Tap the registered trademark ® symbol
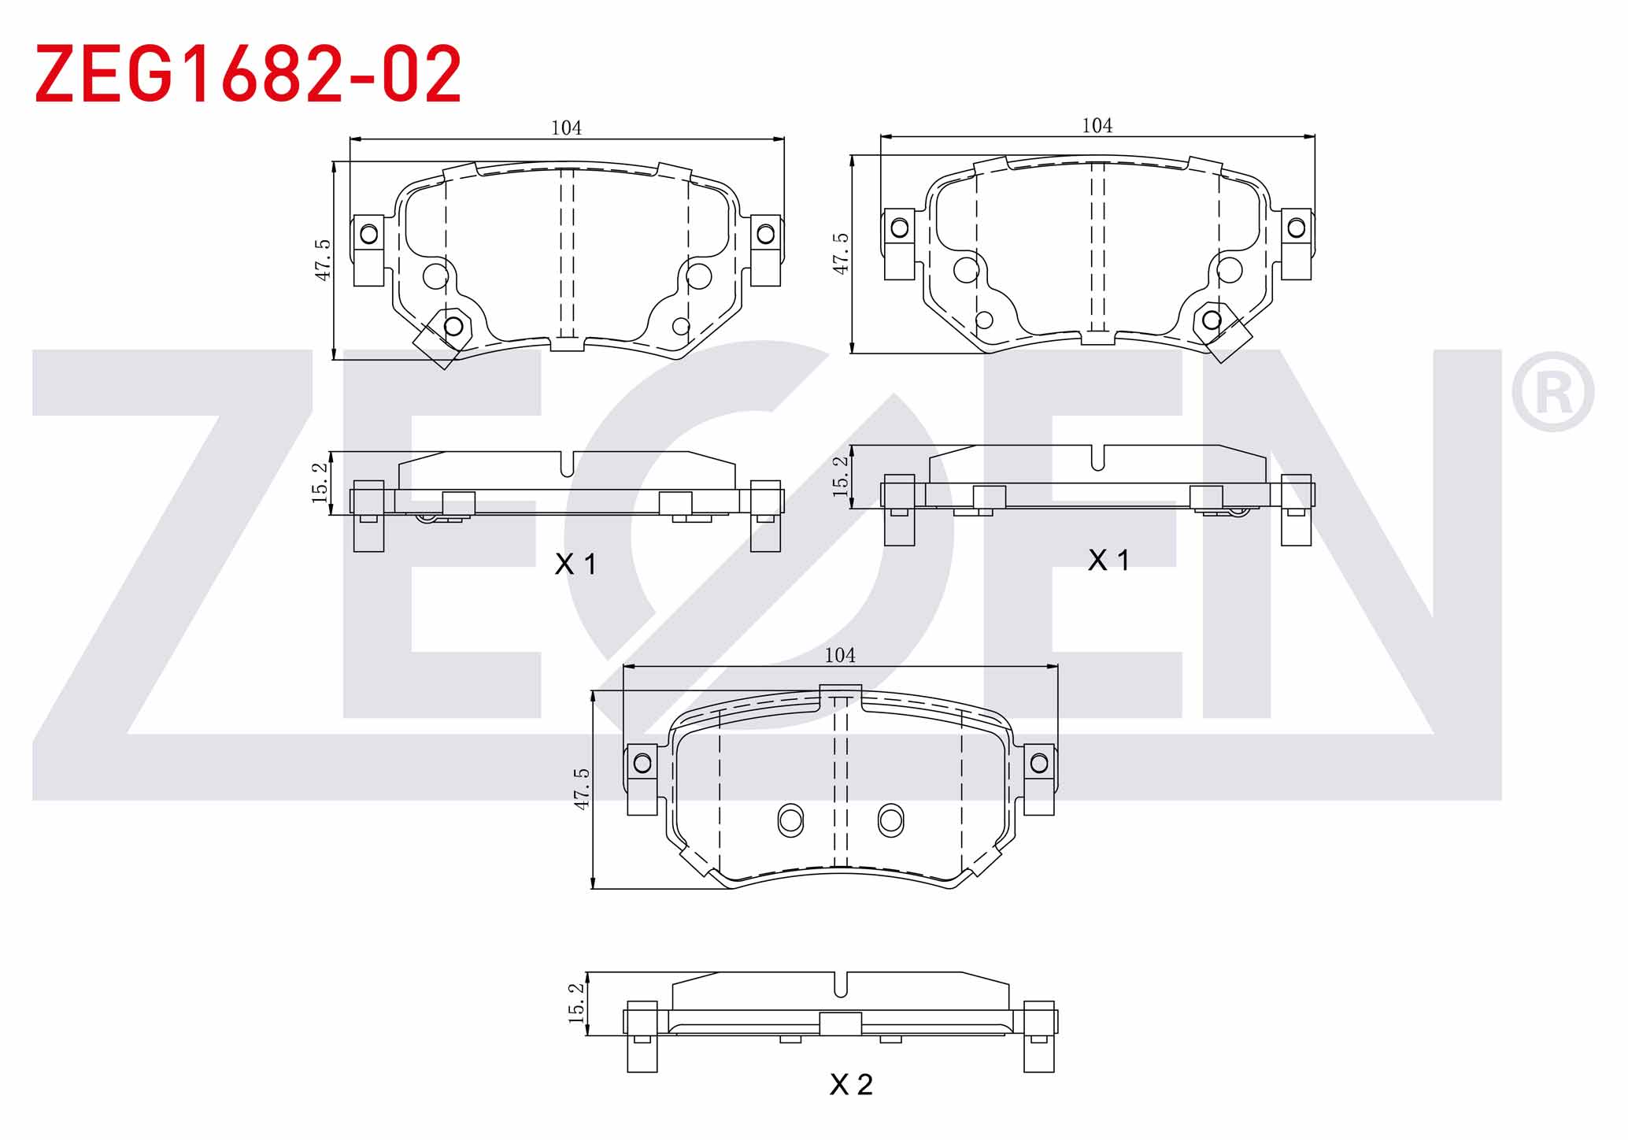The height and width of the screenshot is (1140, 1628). (1552, 392)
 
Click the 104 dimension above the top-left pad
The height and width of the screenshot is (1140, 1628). (566, 128)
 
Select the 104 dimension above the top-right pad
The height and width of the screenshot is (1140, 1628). (1097, 125)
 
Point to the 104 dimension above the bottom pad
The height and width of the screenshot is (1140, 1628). (840, 655)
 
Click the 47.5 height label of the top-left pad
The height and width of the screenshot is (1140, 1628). (323, 261)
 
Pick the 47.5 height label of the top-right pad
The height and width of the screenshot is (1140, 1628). (841, 254)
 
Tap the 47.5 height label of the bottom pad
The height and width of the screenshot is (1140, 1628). (581, 790)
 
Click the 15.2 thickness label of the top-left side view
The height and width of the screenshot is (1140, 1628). (320, 483)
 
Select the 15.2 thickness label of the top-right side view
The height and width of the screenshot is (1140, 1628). (841, 476)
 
